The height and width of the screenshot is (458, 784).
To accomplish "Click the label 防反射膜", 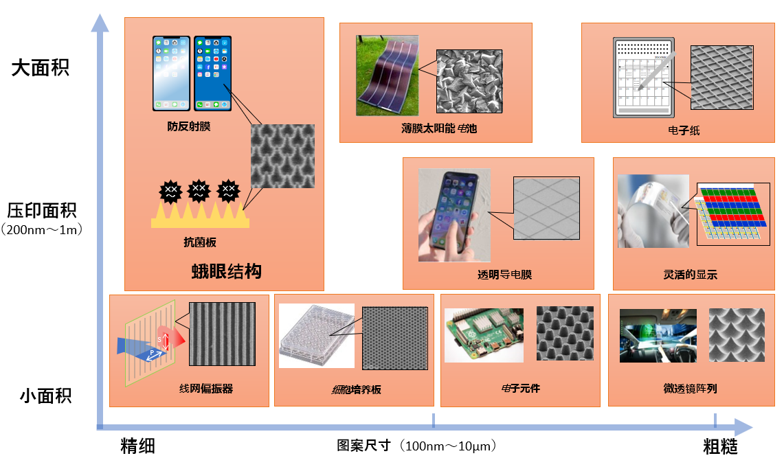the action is pyautogui.click(x=188, y=126).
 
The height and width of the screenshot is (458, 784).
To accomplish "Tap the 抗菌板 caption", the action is pyautogui.click(x=199, y=242).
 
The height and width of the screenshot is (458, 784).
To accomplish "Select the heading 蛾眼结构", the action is pyautogui.click(x=227, y=271).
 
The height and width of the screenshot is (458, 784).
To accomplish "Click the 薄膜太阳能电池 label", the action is pyautogui.click(x=439, y=128).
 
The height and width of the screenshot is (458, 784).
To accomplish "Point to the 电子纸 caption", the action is pyautogui.click(x=684, y=130).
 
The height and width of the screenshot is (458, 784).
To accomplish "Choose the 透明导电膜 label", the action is pyautogui.click(x=504, y=274).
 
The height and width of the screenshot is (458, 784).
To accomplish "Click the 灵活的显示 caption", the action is pyautogui.click(x=690, y=274).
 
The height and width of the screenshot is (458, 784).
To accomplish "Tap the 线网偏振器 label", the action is pyautogui.click(x=206, y=389).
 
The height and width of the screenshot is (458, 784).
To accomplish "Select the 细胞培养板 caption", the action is pyautogui.click(x=356, y=389).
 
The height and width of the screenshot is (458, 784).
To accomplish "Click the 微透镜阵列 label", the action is pyautogui.click(x=690, y=389).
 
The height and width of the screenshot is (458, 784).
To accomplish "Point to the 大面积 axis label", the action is pyautogui.click(x=40, y=67).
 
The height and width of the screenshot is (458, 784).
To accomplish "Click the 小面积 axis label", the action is pyautogui.click(x=45, y=396).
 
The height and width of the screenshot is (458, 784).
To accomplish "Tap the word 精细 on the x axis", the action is pyautogui.click(x=137, y=446).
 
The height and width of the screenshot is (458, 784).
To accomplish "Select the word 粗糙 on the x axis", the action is pyautogui.click(x=720, y=446).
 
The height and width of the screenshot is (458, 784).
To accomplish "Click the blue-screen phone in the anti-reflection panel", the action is pyautogui.click(x=212, y=73).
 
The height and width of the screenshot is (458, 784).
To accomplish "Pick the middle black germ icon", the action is pyautogui.click(x=199, y=191).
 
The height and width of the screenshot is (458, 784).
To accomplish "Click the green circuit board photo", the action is pyautogui.click(x=484, y=334).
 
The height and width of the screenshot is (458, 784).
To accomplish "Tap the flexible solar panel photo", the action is pyautogui.click(x=387, y=76).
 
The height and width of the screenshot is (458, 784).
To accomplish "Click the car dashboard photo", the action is pyautogui.click(x=658, y=336).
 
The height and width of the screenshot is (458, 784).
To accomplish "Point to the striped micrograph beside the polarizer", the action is pyautogui.click(x=222, y=334).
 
